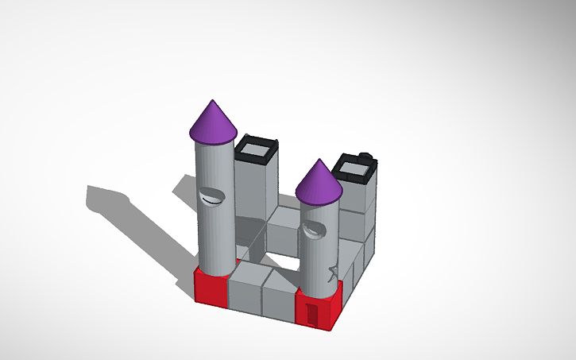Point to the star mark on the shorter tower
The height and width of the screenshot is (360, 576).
[331, 273]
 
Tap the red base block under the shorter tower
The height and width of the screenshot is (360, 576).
[326, 306]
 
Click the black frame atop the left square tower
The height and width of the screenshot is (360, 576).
[257, 149]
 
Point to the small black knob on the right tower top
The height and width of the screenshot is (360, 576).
[365, 154]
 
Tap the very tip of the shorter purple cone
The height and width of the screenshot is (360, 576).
[319, 161]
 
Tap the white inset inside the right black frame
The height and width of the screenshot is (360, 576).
[354, 167]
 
